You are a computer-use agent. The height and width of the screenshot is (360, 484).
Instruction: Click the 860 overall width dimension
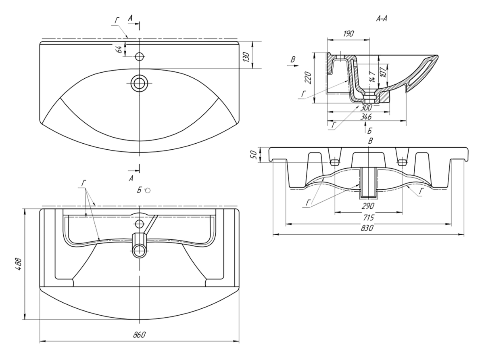pyautogui.click(x=140, y=335)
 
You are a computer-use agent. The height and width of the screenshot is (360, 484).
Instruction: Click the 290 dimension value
pyautogui.click(x=369, y=206)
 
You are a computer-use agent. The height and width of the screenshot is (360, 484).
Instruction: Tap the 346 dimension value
pyautogui.click(x=366, y=117)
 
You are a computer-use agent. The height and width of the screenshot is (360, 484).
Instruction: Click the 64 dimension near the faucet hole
pyautogui.click(x=119, y=50)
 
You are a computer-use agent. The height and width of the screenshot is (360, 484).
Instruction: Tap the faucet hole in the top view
pyautogui.click(x=140, y=57)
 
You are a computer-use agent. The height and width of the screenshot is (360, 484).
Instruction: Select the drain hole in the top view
pyautogui.click(x=140, y=84)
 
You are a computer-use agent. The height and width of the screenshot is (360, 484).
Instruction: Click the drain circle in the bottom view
pyautogui.click(x=140, y=250)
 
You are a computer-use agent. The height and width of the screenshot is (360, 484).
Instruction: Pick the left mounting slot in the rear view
pyautogui.click(x=334, y=162)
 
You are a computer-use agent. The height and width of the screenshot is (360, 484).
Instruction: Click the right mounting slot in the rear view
pyautogui.click(x=402, y=162)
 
